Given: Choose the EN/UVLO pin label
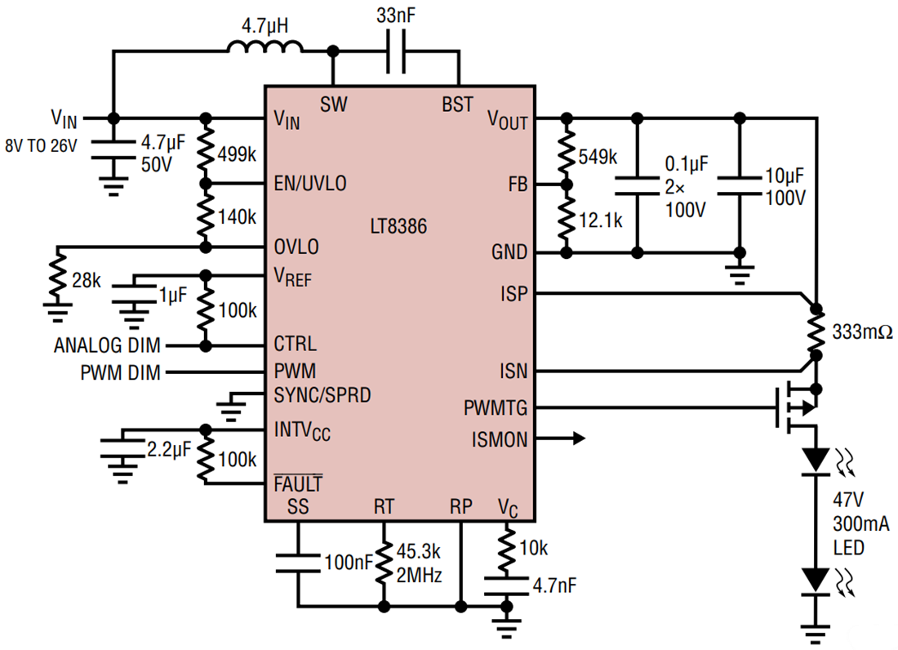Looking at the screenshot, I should (310, 184).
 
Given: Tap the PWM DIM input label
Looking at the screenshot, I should (120, 373).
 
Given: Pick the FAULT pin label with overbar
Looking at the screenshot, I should (298, 483).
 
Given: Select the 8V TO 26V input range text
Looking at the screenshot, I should (42, 148).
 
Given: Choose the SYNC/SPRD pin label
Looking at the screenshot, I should (322, 396).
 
